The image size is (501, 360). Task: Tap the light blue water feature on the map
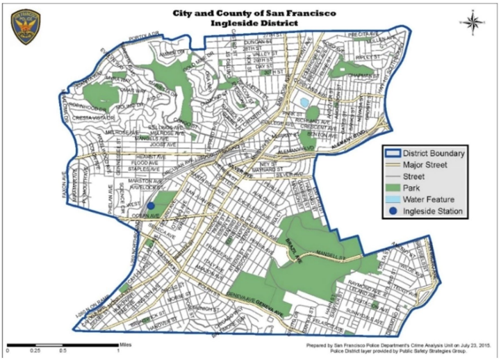(x=306, y=102)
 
